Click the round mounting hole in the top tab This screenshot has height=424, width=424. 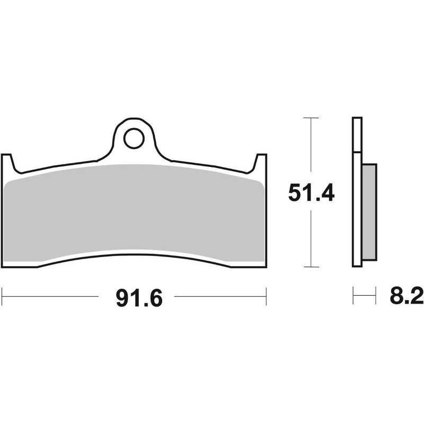[133, 138]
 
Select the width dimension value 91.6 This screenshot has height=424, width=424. [138, 298]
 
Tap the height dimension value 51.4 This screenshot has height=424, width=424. [311, 192]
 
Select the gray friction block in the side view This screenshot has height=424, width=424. [369, 212]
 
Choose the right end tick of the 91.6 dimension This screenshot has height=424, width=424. [266, 297]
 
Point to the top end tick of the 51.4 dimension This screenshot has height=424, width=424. [311, 118]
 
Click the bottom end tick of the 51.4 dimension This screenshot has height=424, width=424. [311, 267]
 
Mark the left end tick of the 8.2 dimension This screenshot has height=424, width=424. [354, 296]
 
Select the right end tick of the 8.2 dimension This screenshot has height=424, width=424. [376, 296]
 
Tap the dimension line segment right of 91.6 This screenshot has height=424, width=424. [220, 297]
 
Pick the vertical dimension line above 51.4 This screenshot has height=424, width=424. [311, 148]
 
